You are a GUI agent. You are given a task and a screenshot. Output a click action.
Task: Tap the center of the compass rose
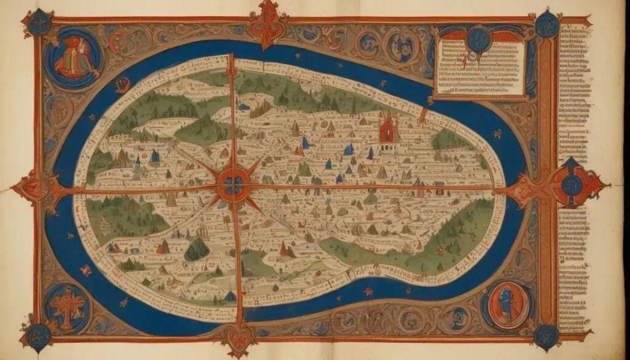coord(234,184)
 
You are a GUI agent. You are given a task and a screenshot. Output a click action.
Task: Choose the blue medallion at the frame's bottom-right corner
coord(546,336)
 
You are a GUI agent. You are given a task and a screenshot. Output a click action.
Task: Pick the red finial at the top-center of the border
coord(266,23)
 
